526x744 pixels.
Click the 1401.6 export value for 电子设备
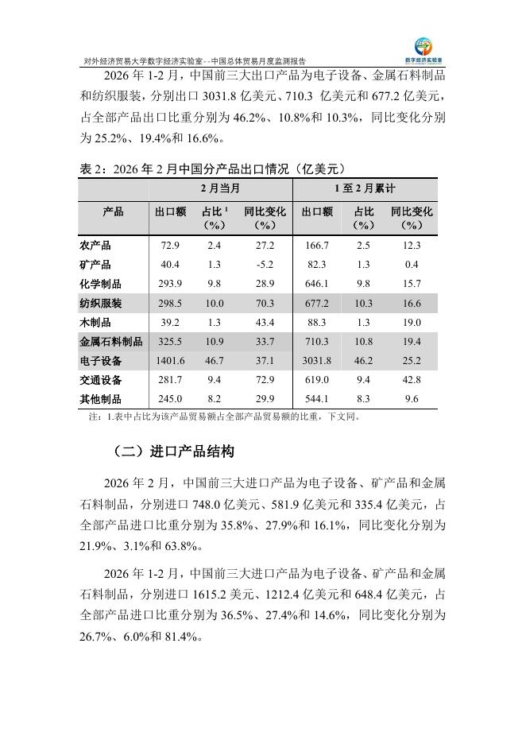[x=171, y=360]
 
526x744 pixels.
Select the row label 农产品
[x=96, y=246]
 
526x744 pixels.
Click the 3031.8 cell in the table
[x=318, y=360]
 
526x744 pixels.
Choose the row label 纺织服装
[x=102, y=303]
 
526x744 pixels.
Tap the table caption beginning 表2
[x=214, y=169]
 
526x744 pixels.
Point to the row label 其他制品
[x=102, y=398]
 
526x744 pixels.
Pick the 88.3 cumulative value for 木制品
[x=318, y=322]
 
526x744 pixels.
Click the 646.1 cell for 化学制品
[x=318, y=284]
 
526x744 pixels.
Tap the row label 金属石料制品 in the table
[x=112, y=341]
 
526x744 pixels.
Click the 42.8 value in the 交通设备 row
[x=412, y=379]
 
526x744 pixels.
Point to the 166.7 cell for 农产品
[x=318, y=246]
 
